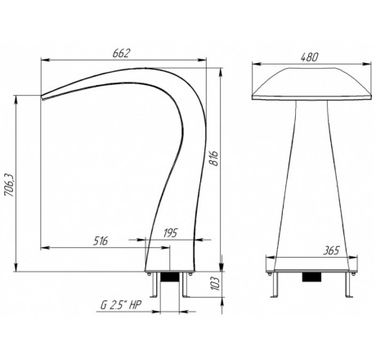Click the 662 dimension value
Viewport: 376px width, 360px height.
[122, 53]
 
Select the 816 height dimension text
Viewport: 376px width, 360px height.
[215, 158]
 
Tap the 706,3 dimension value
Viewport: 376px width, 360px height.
[10, 185]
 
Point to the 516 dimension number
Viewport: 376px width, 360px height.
[101, 241]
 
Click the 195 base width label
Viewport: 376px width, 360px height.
[170, 233]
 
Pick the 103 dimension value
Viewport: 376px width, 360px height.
[215, 284]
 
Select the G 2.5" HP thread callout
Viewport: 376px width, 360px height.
[121, 305]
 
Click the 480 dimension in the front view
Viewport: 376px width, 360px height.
[310, 57]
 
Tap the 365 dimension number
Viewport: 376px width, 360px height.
[331, 250]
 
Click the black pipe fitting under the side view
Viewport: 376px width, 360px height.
[169, 277]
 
